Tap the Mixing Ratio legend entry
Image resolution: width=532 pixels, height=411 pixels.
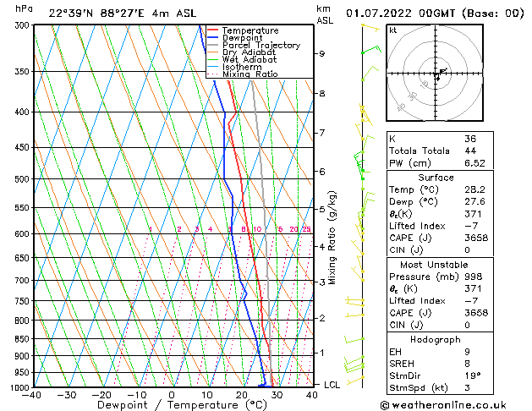coord(250,74)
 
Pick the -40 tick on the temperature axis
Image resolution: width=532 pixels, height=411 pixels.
coord(32,395)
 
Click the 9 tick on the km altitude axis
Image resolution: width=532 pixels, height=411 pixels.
coord(322,53)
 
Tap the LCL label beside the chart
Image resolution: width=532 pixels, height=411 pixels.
coord(333,385)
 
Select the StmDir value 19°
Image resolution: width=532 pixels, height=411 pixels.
coord(473,375)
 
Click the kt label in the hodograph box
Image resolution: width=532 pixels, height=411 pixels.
coord(392,30)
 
